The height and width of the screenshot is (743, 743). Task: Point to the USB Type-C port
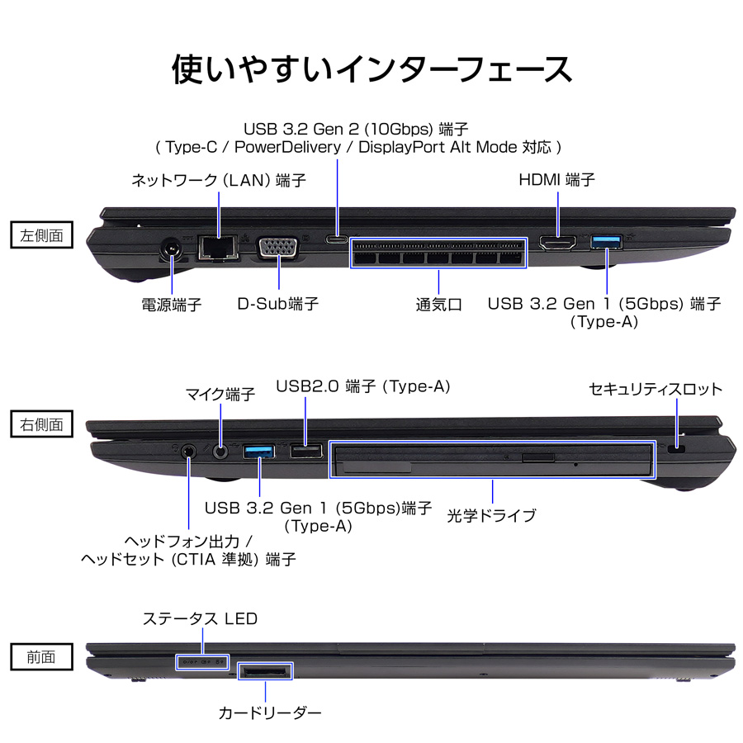(x=337, y=239)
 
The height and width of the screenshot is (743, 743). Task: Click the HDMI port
(x=558, y=243)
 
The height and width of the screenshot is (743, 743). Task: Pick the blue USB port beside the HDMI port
(x=606, y=241)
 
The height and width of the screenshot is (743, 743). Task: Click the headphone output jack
(x=189, y=452)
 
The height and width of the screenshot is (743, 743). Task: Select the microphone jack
(x=220, y=452)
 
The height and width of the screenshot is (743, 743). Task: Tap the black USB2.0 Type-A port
(x=305, y=451)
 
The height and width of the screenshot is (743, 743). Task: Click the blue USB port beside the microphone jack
(x=260, y=451)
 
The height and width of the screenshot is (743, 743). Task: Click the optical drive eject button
(x=539, y=457)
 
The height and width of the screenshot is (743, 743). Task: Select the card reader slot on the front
(x=264, y=670)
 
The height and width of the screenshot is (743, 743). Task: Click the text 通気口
(x=438, y=305)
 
